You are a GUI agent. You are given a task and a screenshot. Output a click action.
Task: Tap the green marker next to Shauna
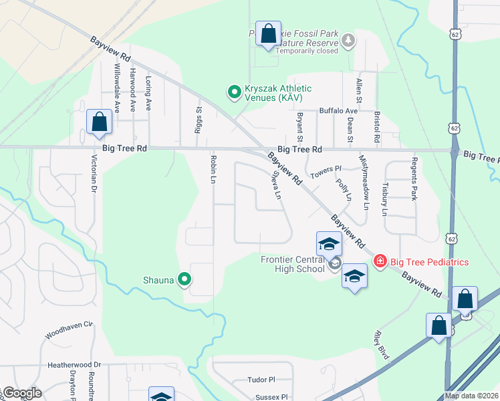click(x=185, y=281)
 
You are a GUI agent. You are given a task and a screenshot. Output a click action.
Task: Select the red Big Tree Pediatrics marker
click(x=380, y=261)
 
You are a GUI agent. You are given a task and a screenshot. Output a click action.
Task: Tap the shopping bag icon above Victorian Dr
click(x=99, y=122)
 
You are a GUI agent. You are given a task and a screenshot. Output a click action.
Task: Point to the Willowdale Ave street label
click(x=116, y=88)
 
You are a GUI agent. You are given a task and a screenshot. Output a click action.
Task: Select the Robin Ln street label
click(x=213, y=170)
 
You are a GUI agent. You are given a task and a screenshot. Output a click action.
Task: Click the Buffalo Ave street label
click(x=338, y=111)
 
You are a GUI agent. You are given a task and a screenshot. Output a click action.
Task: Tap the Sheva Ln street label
click(x=276, y=184)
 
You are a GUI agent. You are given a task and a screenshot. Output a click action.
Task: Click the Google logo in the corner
click(x=21, y=394)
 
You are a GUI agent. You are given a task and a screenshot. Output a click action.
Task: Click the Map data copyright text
click(x=472, y=396)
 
